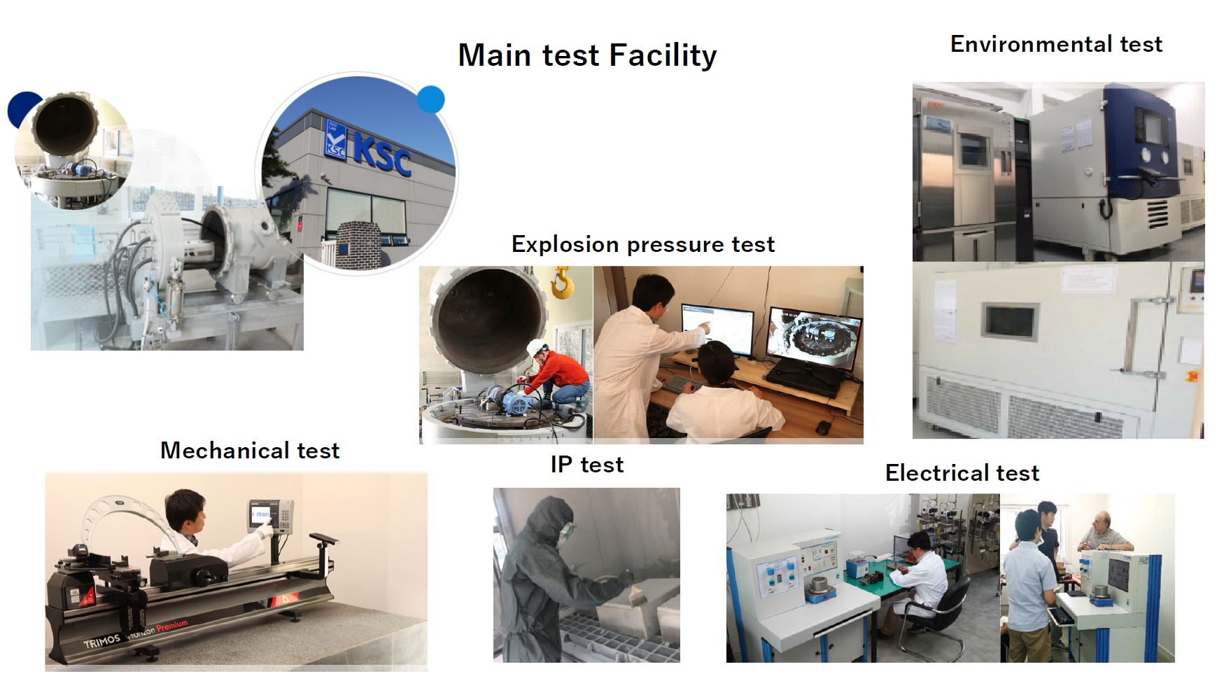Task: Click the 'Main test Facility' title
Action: coord(587,55)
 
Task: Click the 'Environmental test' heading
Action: coord(1055,44)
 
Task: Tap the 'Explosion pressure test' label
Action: coord(642,244)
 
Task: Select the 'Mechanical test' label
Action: coord(250,450)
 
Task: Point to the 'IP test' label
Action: coord(586,465)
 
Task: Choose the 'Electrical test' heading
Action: coord(962,473)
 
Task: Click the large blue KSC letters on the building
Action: coord(381,155)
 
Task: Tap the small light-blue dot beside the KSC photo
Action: coord(430,99)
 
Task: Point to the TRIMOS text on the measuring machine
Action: coord(102,641)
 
